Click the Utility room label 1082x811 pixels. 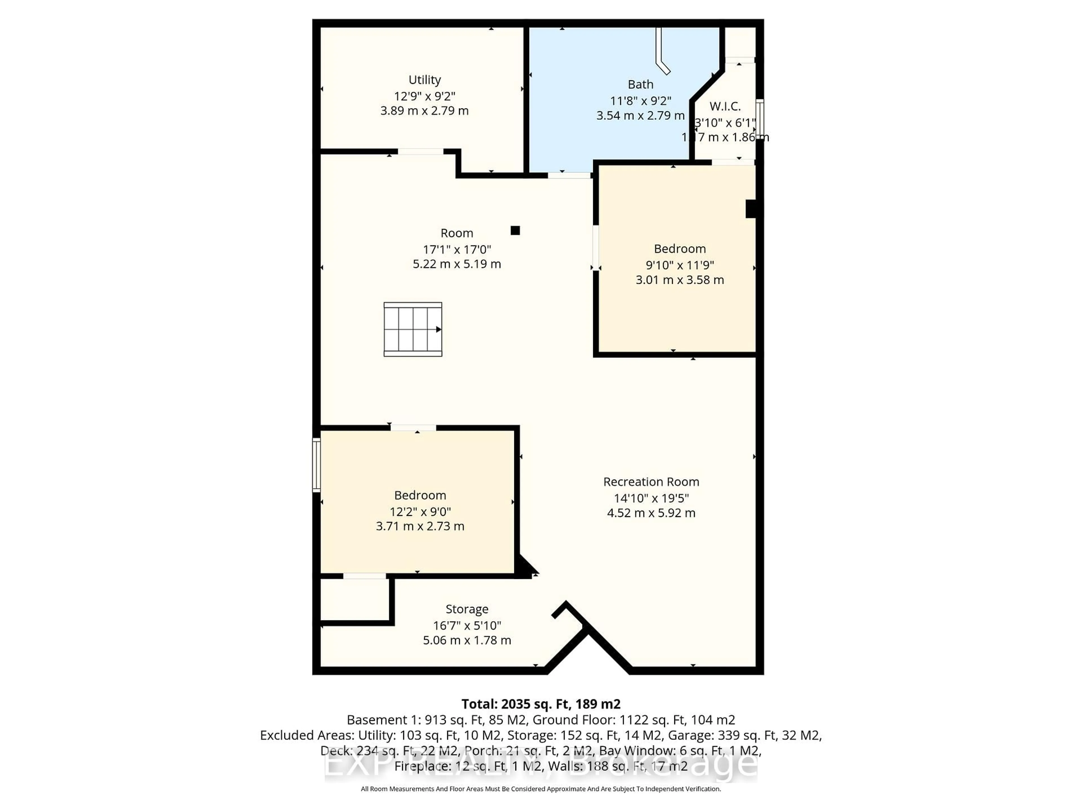pos(425,80)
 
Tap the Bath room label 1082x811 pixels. pos(640,84)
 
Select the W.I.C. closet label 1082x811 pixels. pos(725,106)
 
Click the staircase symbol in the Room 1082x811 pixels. pos(413,329)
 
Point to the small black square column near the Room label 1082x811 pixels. pos(515,230)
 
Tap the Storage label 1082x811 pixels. pos(467,609)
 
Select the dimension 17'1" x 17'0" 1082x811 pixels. pos(457,249)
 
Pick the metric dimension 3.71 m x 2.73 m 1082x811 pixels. pos(420,526)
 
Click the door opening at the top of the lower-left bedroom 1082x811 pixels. pos(413,428)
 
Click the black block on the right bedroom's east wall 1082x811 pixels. pos(751,209)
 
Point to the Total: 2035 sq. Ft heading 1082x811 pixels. pos(540,704)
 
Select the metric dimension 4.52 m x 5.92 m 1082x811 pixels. pos(651,513)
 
